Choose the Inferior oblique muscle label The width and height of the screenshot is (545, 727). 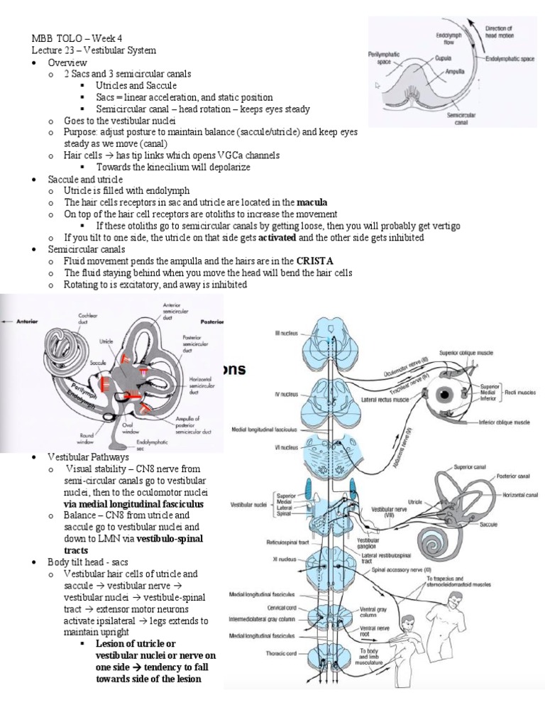click(496, 422)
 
